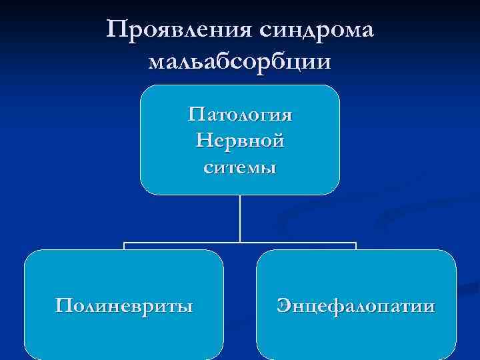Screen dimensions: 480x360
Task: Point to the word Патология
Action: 240,115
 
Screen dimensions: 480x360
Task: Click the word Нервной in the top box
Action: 240,141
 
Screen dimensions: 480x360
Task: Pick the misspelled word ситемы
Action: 240,167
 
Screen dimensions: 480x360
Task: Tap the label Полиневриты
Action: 124,306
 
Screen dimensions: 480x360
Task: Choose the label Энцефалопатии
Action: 356,306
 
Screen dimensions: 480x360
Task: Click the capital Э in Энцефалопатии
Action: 283,306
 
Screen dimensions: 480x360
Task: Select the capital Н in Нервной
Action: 204,141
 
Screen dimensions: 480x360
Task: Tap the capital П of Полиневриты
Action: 63,306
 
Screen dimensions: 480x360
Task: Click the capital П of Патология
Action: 195,115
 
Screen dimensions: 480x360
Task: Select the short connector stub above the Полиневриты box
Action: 124,246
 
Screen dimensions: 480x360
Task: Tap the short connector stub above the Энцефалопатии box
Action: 356,246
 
